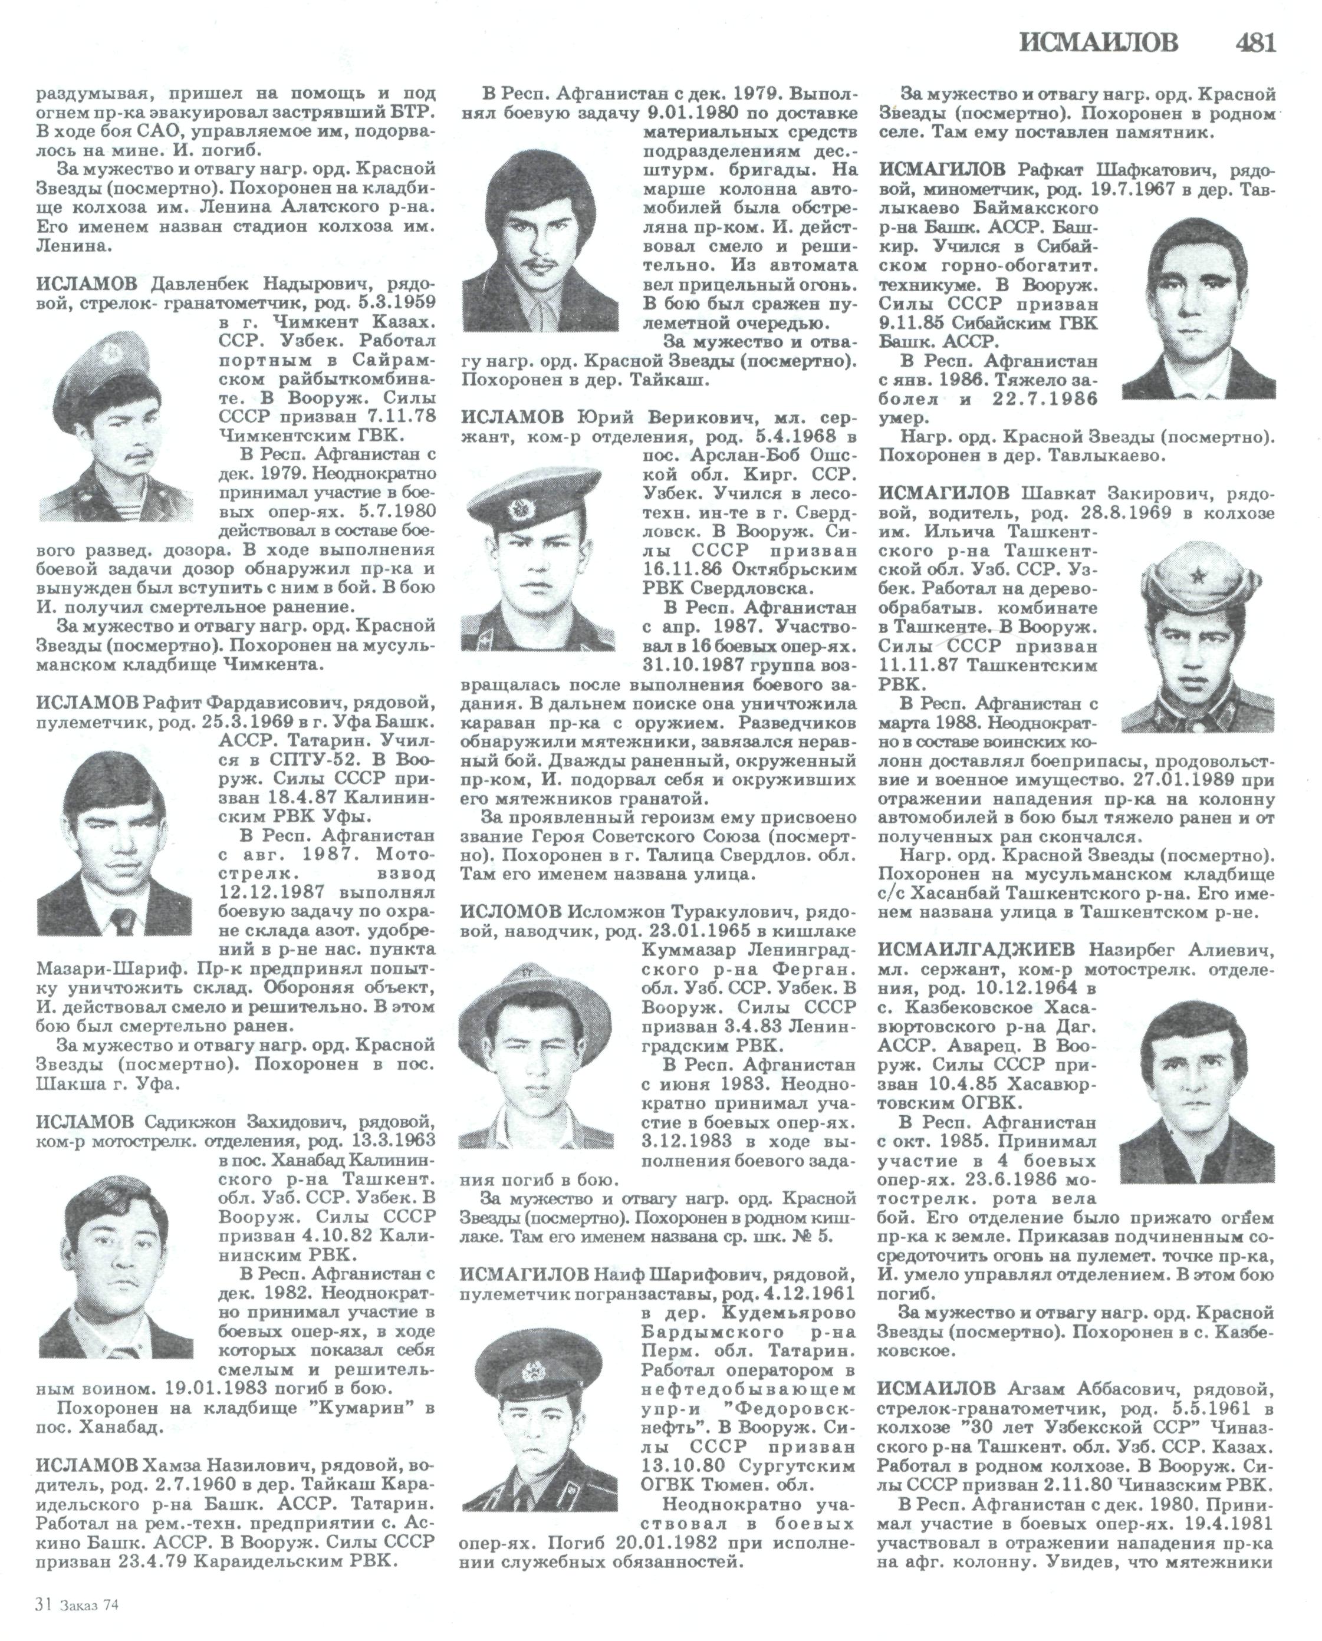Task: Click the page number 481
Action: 1254,42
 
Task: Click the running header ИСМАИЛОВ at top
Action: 1099,42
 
